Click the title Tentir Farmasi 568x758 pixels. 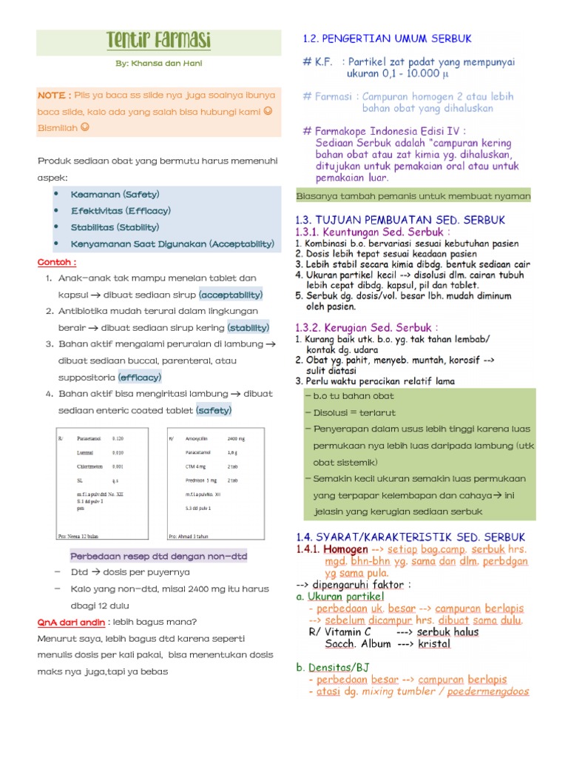coord(159,40)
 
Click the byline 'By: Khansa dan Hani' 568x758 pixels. coord(159,64)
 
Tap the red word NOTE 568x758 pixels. coord(54,95)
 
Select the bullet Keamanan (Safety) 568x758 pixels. coord(115,194)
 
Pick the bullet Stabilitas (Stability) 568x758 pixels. coord(115,227)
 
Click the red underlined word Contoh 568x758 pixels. coord(56,262)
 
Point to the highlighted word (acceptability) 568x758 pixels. coord(231,295)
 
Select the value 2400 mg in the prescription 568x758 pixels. coord(237,438)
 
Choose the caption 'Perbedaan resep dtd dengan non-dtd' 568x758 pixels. coord(159,556)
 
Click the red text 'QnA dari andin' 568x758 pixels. coord(72,623)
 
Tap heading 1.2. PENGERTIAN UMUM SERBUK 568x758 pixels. coord(387,38)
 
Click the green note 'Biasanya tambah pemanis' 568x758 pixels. coord(413,196)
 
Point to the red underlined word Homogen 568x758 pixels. coord(345,550)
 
